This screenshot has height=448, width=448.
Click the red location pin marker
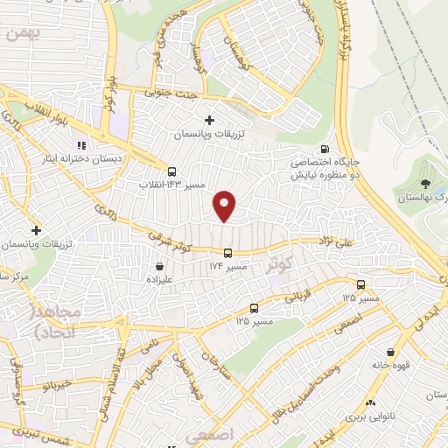point(226,206)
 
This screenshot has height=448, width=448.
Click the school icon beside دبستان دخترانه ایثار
point(81,145)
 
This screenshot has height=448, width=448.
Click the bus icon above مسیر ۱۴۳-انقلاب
point(171,171)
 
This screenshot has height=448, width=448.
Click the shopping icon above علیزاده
point(159,267)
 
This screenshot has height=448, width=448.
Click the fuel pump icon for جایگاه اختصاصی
point(326,149)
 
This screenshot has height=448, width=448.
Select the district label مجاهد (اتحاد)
point(56,322)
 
